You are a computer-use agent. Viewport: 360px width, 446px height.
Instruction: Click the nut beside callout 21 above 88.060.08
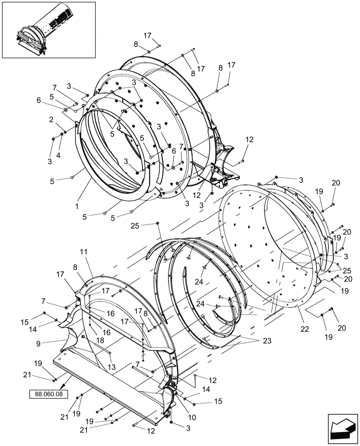pos(53,380)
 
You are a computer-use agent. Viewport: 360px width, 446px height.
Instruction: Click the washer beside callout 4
pos(62,134)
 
